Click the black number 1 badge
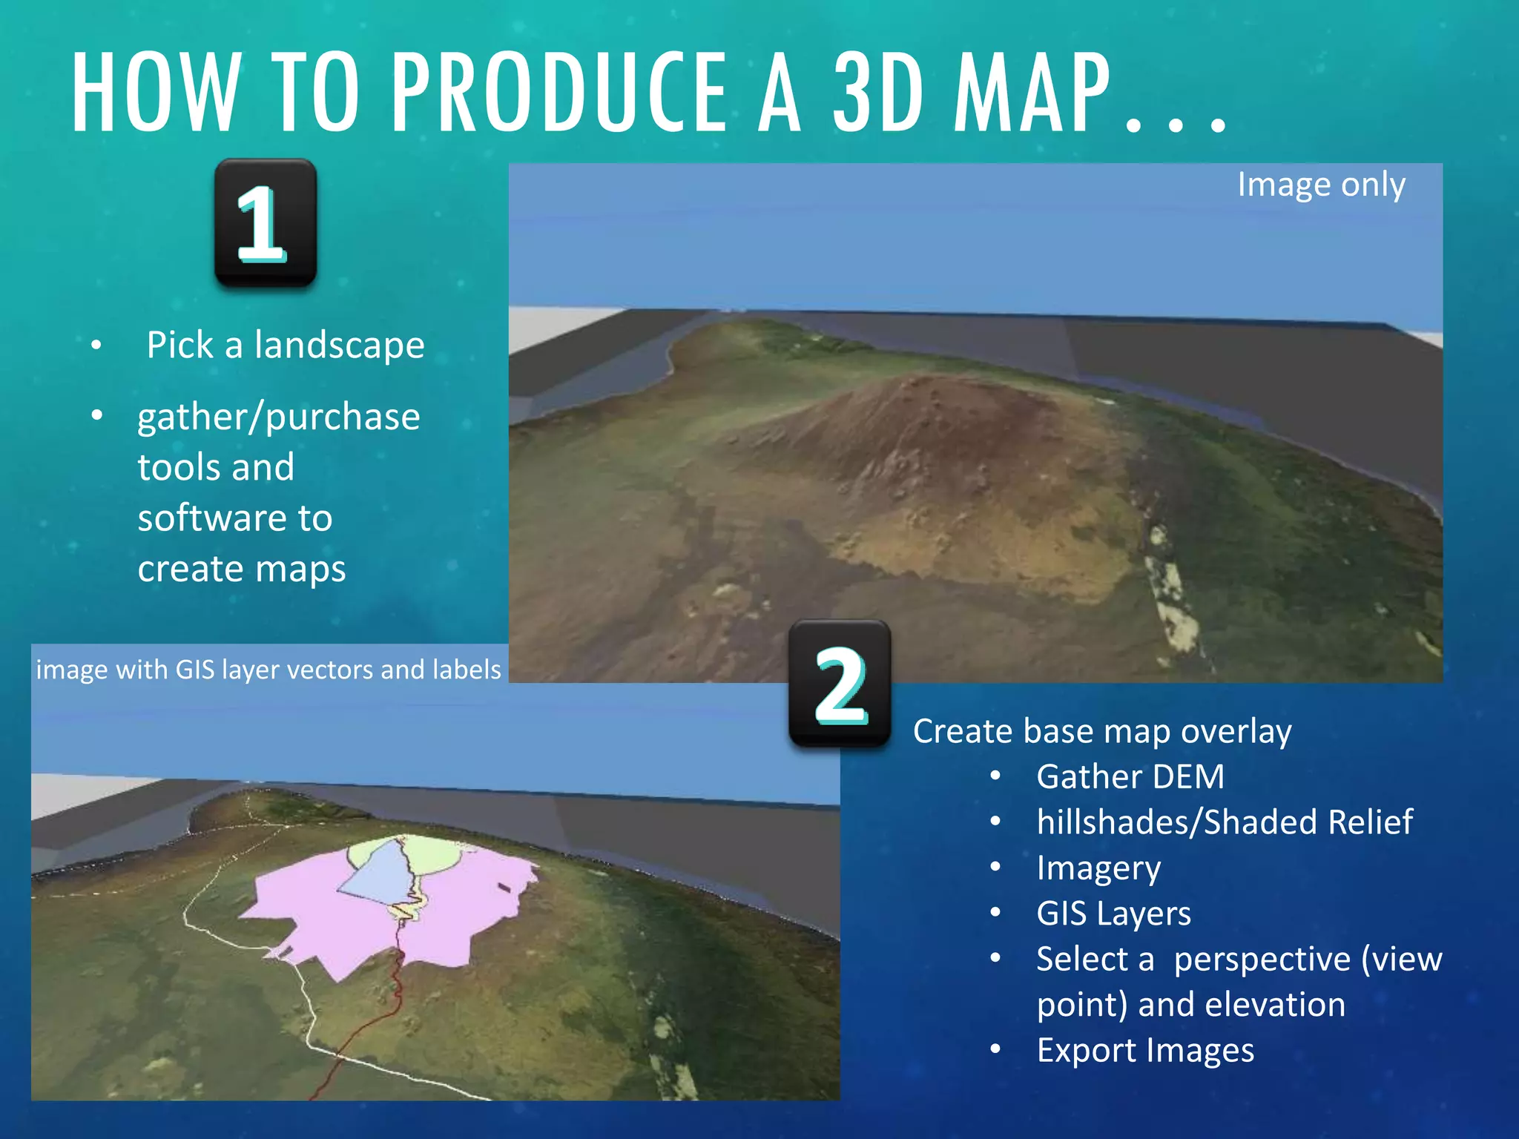coord(266,222)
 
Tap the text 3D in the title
coord(878,93)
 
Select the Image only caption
coord(1321,185)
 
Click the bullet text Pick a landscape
coord(286,346)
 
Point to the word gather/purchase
coord(279,417)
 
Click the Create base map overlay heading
coord(1102,731)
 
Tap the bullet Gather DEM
coord(1130,777)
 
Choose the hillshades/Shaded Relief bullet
coord(1225,822)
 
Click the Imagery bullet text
coord(1098,868)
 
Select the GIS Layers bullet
coord(1113,914)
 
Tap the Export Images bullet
coord(1145,1051)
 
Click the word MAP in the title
coord(1031,93)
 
